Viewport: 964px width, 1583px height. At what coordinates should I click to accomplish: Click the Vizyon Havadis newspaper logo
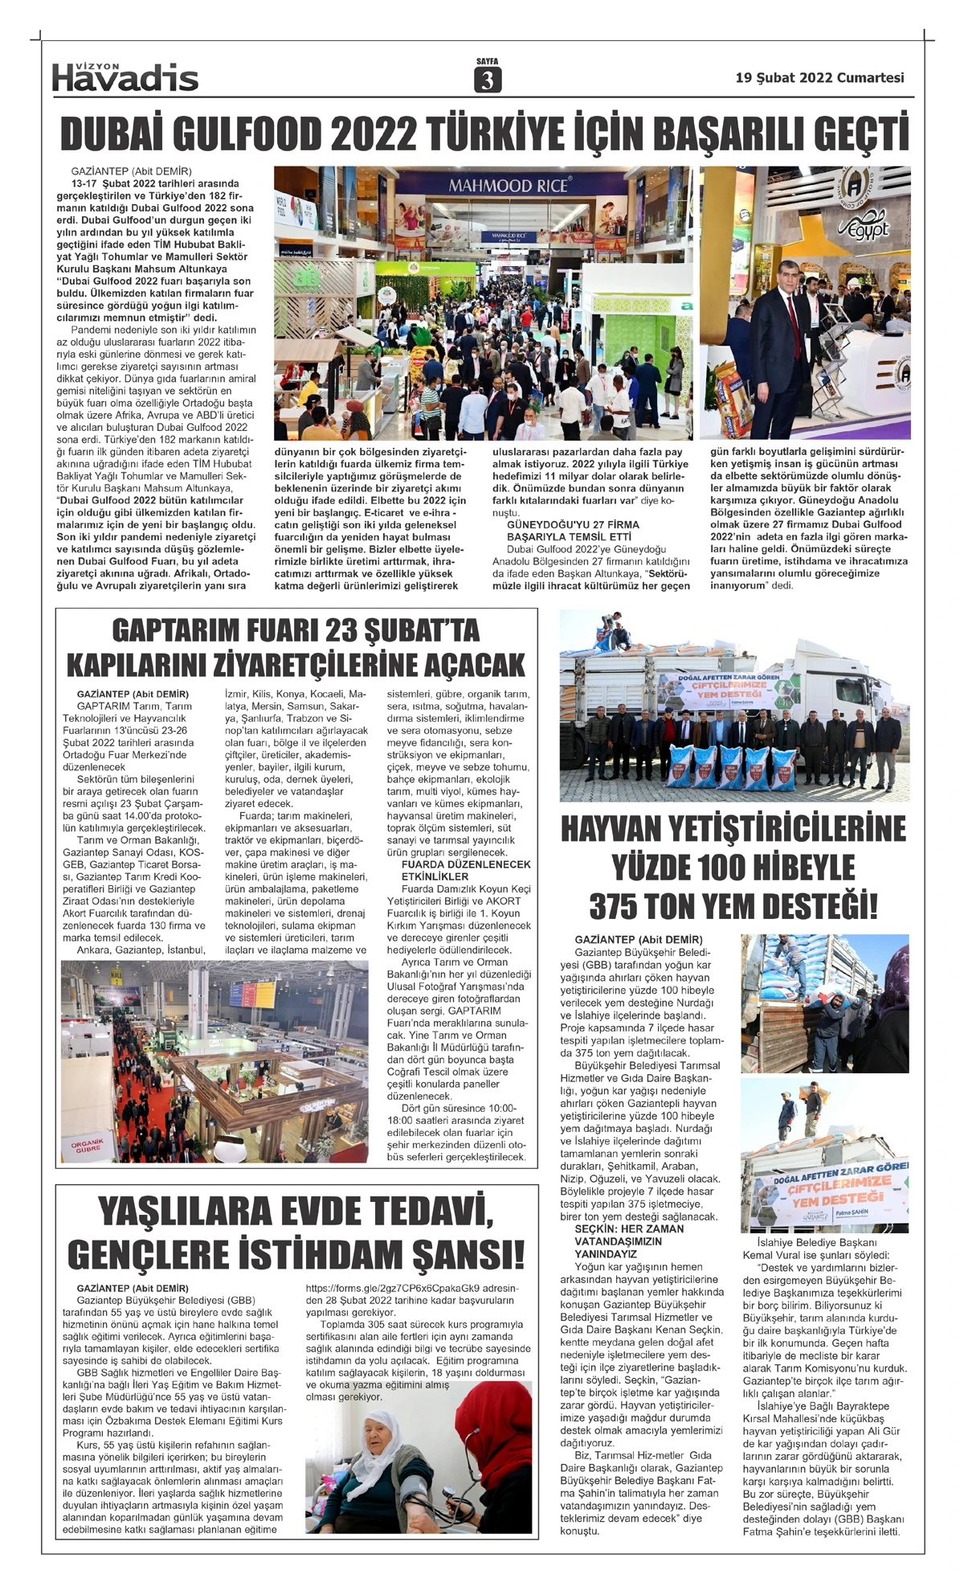pyautogui.click(x=125, y=76)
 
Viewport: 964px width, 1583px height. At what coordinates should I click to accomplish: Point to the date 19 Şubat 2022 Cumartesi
pyautogui.click(x=819, y=78)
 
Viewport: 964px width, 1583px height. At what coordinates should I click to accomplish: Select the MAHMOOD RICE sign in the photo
pyautogui.click(x=508, y=186)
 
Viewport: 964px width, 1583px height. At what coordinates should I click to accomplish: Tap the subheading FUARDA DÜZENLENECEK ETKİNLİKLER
pyautogui.click(x=466, y=870)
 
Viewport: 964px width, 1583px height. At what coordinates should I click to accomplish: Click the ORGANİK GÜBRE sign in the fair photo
pyautogui.click(x=88, y=1144)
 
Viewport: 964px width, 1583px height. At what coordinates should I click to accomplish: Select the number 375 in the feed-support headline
pyautogui.click(x=619, y=906)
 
